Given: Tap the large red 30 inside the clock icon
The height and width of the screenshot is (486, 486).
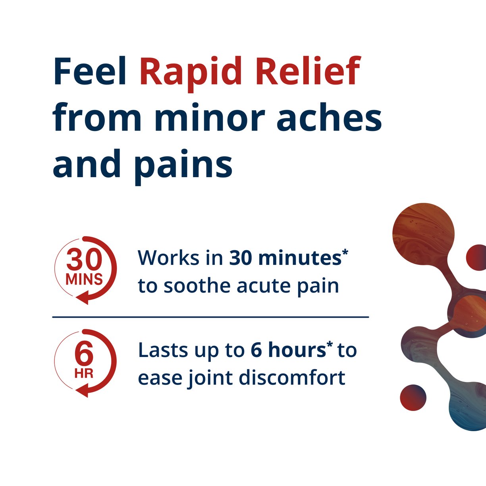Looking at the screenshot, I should (84, 260).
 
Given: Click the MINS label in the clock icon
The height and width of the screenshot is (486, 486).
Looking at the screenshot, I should (84, 280).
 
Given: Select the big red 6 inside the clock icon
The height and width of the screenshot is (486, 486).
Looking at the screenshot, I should (84, 354).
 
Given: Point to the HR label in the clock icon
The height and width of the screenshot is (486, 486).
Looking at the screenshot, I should (84, 374).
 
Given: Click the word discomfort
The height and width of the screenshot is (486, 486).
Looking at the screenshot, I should (292, 378).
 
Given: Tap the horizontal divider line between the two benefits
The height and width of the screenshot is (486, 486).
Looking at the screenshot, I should (210, 317).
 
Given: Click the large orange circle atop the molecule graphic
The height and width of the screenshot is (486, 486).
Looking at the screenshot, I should (423, 233).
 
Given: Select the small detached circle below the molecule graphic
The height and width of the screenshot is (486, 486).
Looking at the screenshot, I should (413, 397).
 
